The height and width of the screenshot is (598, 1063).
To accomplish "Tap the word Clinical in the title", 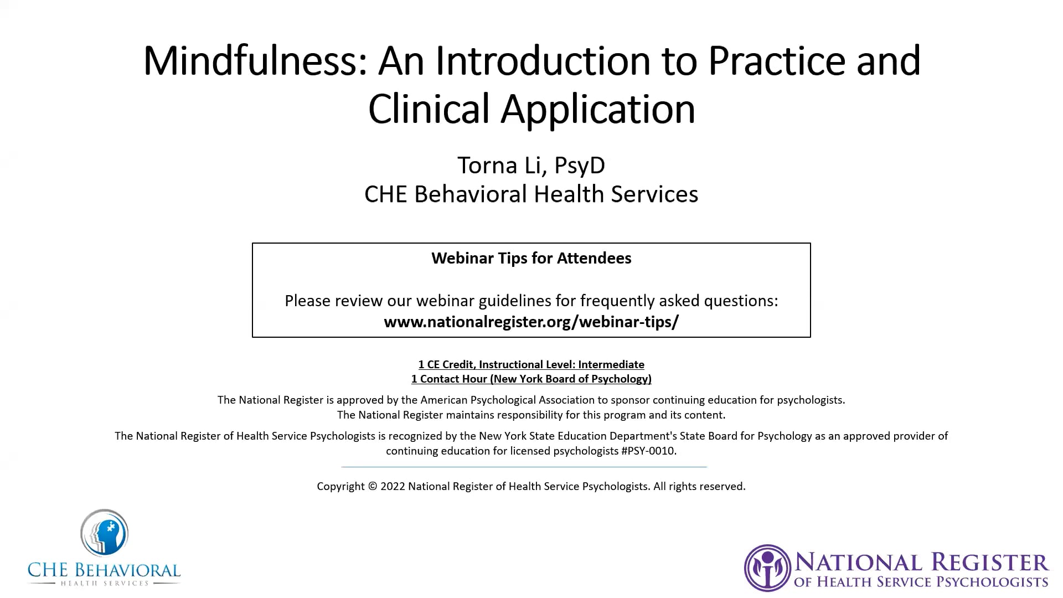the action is [429, 109].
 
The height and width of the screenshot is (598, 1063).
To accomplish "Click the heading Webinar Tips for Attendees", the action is [531, 258].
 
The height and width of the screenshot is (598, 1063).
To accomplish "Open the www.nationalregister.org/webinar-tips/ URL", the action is [531, 322].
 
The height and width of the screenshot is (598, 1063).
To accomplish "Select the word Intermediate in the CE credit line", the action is [611, 364].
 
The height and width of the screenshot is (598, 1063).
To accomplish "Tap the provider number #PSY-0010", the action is [648, 451].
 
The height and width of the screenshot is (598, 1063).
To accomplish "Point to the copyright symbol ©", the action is [372, 486].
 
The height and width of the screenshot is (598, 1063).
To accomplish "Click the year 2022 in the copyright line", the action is [393, 486].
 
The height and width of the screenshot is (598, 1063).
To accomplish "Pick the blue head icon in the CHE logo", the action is [104, 533].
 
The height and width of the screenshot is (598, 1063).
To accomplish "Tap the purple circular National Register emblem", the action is [767, 568].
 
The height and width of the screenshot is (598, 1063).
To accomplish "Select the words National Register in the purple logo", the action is [922, 563].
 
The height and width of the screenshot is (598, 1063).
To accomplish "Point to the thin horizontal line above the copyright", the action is [524, 467].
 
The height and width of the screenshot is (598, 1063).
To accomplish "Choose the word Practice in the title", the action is [777, 60].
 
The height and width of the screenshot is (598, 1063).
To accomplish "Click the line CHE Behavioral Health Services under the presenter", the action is [531, 194].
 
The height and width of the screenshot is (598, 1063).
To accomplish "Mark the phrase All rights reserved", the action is [700, 486].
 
